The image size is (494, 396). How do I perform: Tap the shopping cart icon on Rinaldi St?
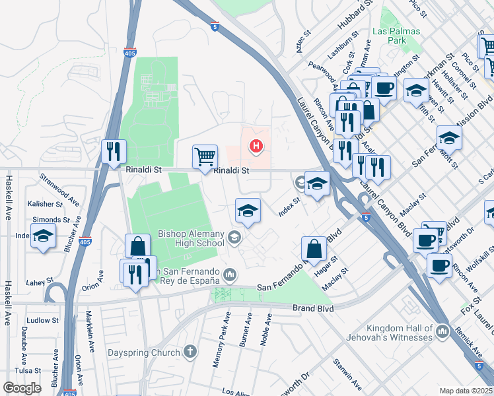205,156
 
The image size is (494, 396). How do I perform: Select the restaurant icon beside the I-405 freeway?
114,151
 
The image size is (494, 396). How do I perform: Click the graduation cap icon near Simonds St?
43,236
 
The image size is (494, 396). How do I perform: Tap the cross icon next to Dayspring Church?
191,352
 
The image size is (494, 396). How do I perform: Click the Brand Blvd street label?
313,308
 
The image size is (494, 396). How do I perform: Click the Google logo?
22,388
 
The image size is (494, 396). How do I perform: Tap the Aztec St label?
303,42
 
